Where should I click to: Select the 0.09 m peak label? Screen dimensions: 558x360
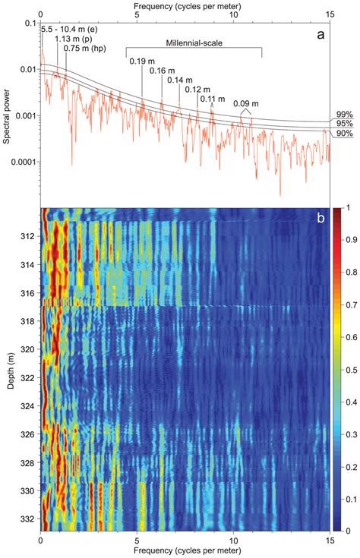click(x=245, y=103)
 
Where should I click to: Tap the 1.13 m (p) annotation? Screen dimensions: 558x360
click(x=74, y=39)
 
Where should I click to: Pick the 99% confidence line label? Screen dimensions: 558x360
click(x=344, y=113)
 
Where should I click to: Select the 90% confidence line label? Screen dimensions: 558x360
click(x=344, y=133)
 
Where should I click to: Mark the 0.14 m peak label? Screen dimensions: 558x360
click(x=180, y=80)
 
